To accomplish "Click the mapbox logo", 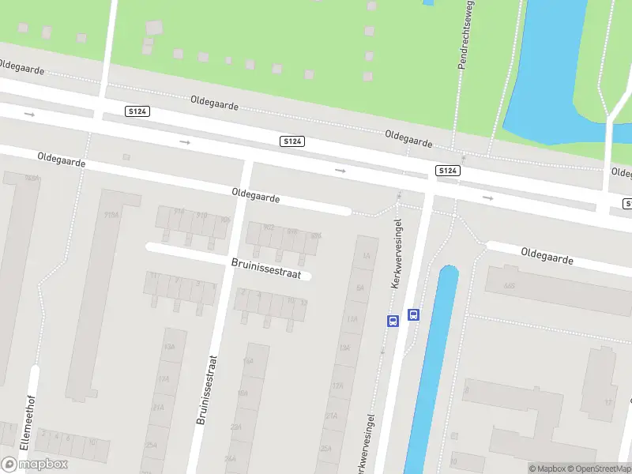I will tap(35, 465).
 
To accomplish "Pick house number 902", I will tap(268, 228).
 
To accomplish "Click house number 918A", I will tap(111, 214).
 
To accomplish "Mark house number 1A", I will tap(366, 256).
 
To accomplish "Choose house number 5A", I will tap(359, 288).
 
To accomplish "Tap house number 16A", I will tap(247, 360).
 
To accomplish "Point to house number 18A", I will tap(243, 393).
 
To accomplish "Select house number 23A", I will tap(235, 426).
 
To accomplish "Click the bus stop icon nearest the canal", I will tap(413, 314).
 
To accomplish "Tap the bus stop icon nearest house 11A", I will tap(393, 320).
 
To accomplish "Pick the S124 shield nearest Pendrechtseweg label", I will tap(447, 171).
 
